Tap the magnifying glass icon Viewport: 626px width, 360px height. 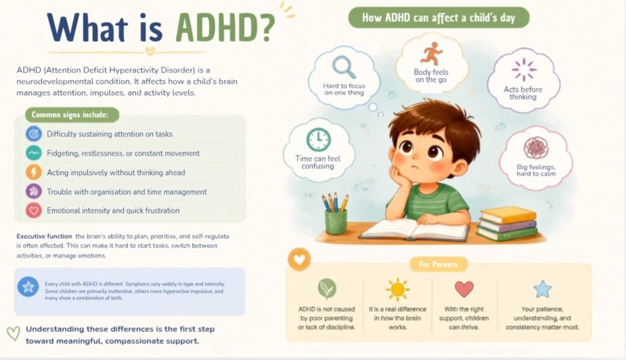344,67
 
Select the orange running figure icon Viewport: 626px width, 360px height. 432,54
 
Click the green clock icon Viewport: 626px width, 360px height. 319,140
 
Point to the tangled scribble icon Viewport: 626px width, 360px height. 536,148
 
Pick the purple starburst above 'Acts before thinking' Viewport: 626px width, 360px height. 524,69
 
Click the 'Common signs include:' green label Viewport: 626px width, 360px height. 72,114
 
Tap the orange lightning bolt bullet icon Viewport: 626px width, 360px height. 34,172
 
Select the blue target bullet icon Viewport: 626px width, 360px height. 34,134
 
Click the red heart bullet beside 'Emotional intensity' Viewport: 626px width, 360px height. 34,210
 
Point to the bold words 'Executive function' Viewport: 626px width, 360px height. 45,236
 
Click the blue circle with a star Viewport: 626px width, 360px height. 28,287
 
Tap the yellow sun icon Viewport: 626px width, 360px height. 398,289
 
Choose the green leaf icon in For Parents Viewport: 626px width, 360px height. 327,289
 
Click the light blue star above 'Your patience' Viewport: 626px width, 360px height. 543,289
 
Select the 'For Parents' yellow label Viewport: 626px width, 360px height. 438,264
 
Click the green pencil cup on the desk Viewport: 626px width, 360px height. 336,222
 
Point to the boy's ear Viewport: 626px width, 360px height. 460,167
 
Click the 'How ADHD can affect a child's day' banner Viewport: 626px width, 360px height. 439,17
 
